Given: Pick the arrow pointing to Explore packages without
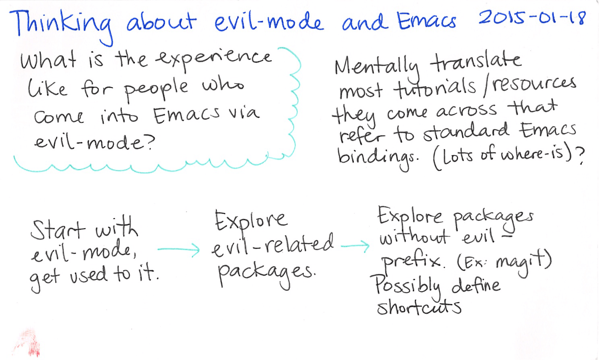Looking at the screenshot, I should click(354, 245).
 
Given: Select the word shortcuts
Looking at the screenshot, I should click(419, 308).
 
